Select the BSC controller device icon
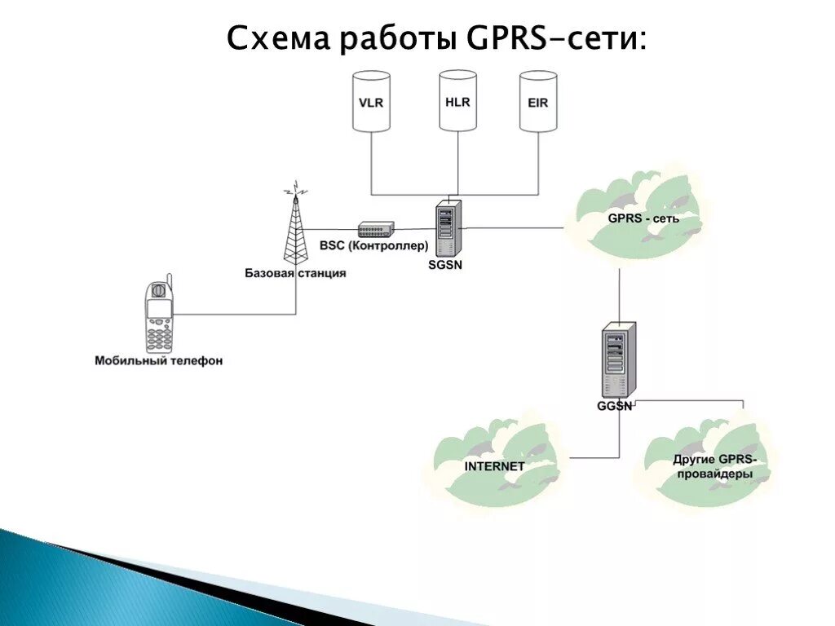point(376,229)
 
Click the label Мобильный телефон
point(158,360)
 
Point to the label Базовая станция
point(295,273)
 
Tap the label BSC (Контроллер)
point(373,245)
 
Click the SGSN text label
point(445,264)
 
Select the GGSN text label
point(615,406)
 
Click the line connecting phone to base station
point(236,313)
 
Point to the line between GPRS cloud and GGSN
point(619,293)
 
